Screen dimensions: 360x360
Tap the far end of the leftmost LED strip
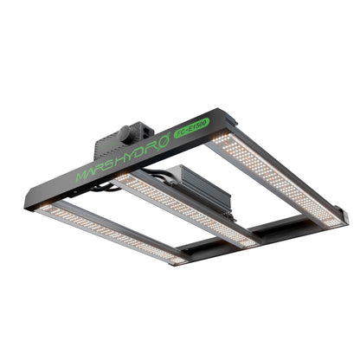click(177, 259)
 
